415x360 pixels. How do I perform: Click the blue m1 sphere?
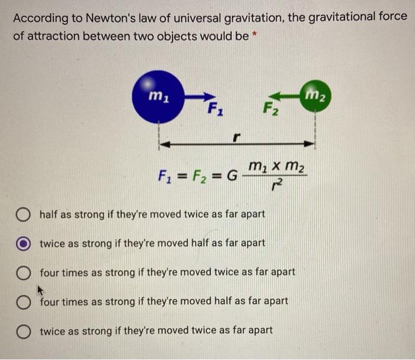point(158,97)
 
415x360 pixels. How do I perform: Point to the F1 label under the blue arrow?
point(215,110)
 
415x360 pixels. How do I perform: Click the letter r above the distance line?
point(235,136)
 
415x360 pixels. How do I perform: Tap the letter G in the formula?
point(232,176)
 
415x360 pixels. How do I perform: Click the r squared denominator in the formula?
point(274,189)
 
